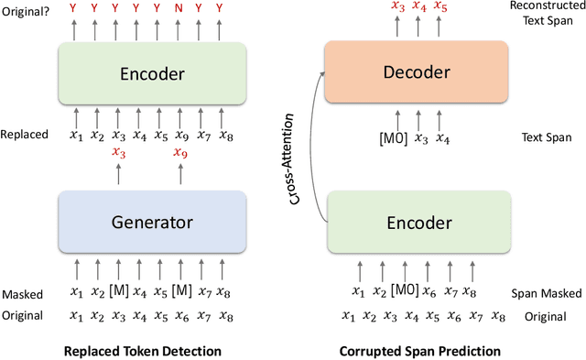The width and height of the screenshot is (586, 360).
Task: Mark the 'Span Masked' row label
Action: click(539, 292)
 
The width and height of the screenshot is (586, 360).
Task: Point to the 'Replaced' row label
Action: click(26, 136)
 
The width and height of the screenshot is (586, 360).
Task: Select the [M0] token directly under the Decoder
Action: click(394, 139)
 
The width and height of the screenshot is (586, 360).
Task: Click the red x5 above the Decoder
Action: click(440, 7)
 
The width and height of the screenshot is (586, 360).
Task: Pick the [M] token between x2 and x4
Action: click(118, 292)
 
